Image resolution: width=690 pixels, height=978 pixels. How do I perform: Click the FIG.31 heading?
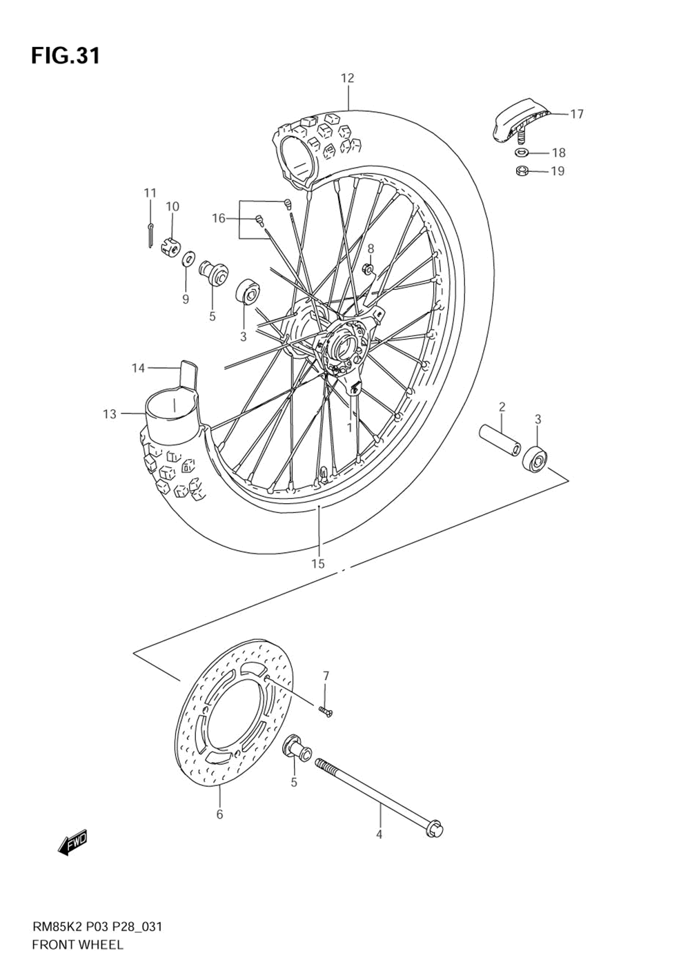[x=66, y=56]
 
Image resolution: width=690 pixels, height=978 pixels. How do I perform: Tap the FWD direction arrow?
[x=73, y=843]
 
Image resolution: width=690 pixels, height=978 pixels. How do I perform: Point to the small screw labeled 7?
[x=325, y=712]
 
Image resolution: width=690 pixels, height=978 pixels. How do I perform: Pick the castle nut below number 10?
[x=172, y=245]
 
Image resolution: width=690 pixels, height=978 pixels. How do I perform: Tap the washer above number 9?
[x=187, y=260]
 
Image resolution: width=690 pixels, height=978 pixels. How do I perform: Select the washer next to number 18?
[x=522, y=152]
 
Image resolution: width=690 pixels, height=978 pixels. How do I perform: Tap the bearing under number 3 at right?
[x=536, y=458]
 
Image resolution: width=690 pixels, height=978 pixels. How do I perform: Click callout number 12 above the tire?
[x=347, y=79]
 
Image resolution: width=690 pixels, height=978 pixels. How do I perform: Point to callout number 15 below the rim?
[x=317, y=564]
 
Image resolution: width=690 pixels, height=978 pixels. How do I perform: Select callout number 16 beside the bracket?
[x=219, y=219]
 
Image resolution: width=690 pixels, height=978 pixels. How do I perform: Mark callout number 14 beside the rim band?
[x=139, y=369]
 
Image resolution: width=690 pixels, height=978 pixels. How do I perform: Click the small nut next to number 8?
[x=368, y=268]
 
